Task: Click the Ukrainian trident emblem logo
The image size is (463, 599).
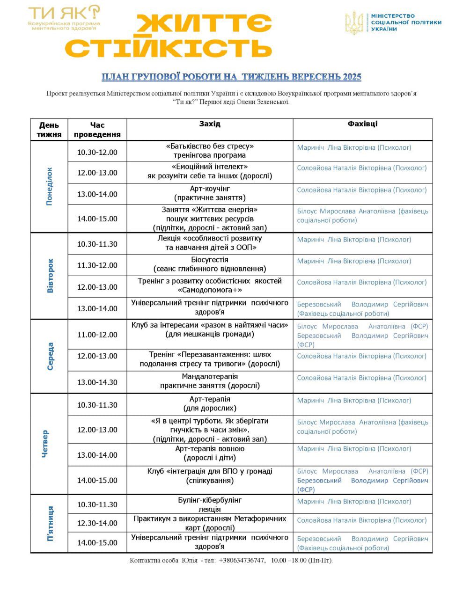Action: (354, 22)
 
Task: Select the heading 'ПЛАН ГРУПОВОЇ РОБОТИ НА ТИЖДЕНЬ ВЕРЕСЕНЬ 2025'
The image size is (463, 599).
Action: (232, 77)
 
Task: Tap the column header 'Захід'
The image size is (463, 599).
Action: (210, 124)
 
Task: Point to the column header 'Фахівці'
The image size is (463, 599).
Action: (362, 124)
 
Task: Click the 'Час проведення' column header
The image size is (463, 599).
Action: (97, 130)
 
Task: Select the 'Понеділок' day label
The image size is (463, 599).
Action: (50, 186)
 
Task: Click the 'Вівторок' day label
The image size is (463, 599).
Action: (50, 276)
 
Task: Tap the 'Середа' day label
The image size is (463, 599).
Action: (50, 356)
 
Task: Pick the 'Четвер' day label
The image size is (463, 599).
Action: (45, 444)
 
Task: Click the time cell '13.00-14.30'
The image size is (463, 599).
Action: (97, 382)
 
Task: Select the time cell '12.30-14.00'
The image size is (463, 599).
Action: (97, 523)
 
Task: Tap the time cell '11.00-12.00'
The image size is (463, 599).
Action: (97, 335)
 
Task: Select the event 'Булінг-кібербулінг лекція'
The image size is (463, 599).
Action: (210, 504)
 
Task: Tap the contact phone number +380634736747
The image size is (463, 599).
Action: (242, 561)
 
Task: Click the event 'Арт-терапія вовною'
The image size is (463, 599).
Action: (210, 453)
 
